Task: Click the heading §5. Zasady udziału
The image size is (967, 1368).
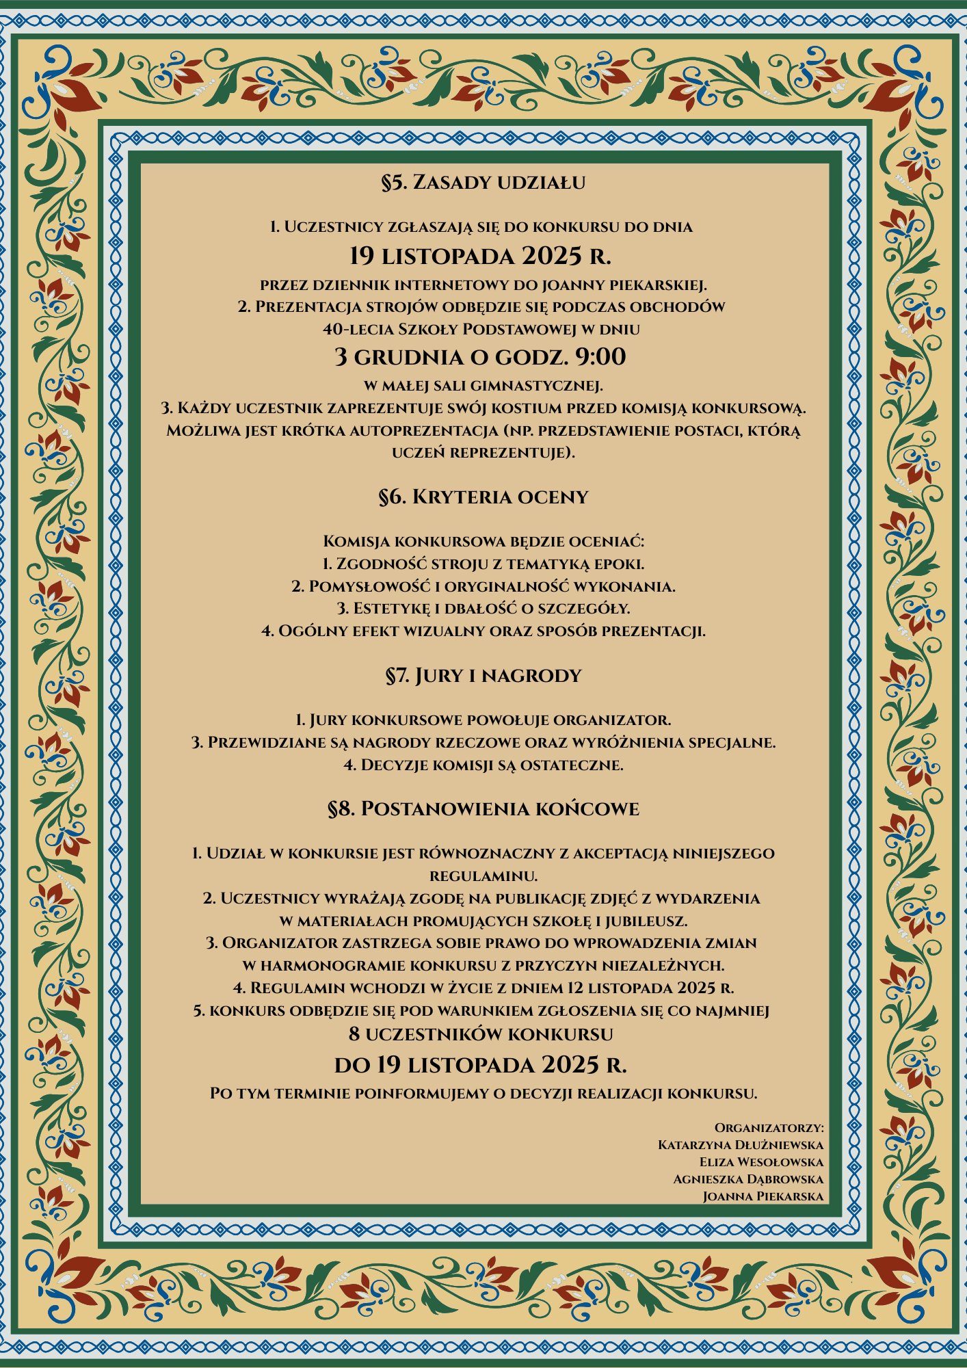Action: (483, 183)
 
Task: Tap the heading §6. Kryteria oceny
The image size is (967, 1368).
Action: (483, 497)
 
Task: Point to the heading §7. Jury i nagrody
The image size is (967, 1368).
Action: (483, 676)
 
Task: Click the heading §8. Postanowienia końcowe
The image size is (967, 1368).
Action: (483, 809)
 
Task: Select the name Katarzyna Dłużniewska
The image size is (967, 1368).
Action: (740, 1145)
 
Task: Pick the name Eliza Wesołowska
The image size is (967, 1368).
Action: (760, 1162)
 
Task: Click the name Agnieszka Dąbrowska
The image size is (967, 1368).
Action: (747, 1179)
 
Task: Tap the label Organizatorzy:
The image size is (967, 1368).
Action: (769, 1127)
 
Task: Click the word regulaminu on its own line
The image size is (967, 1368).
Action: (483, 876)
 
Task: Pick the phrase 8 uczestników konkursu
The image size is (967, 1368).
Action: (480, 1034)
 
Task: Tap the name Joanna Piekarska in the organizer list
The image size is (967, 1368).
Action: (763, 1196)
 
